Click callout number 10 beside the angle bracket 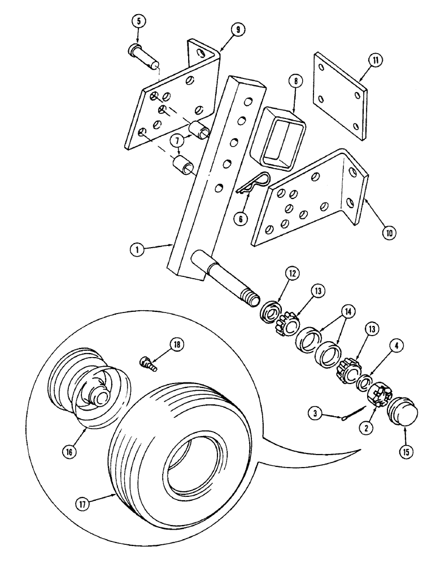pyautogui.click(x=374, y=231)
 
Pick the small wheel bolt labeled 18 pyautogui.click(x=147, y=362)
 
